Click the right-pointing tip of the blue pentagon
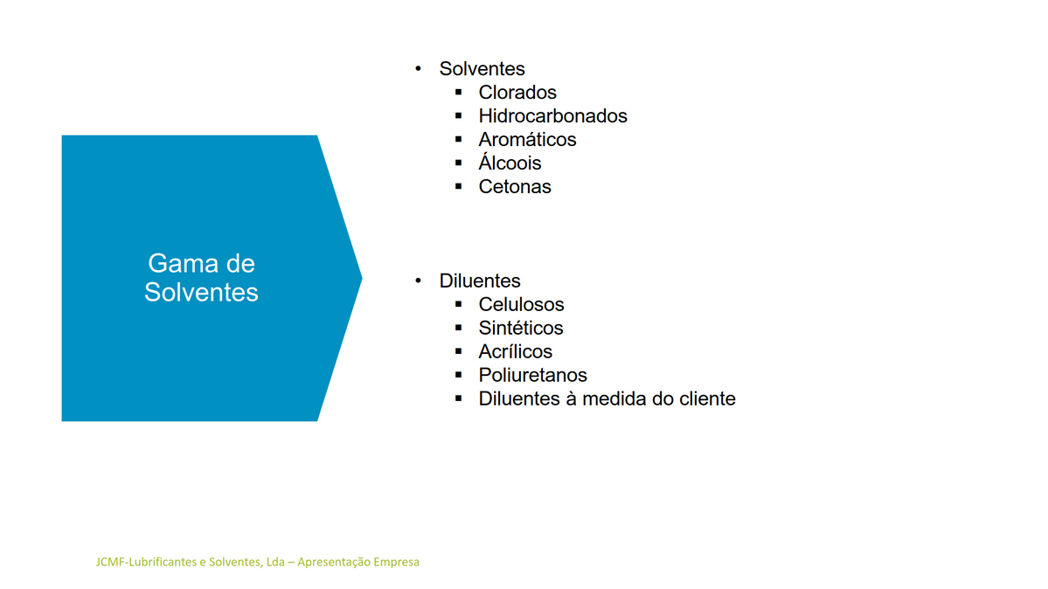pos(362,278)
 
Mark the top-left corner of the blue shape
pos(62,135)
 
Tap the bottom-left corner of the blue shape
pos(62,420)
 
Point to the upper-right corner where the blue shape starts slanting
pos(316,135)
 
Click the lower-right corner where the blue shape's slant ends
pos(316,420)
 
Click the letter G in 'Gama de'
pos(157,263)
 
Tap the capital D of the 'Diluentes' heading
pos(446,281)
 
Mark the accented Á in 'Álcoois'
pos(486,161)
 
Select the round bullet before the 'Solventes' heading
pos(419,68)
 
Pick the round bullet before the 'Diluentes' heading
pos(419,281)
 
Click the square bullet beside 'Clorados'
pos(459,92)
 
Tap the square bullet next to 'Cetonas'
pos(459,186)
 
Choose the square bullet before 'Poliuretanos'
pos(459,374)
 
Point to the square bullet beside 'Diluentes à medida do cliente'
pos(459,398)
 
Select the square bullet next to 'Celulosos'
pos(459,303)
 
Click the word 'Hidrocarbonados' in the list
pos(552,115)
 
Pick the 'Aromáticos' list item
pos(527,139)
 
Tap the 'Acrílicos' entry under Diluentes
pos(516,351)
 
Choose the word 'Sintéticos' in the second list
pos(521,328)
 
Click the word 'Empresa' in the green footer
pos(396,562)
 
